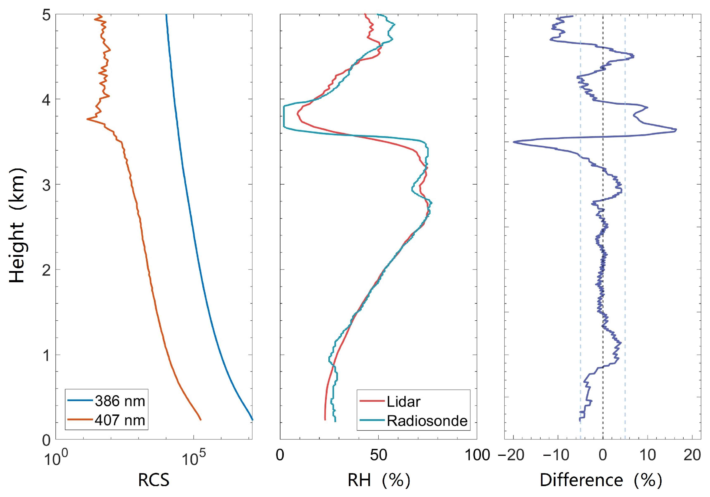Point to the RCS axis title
154,480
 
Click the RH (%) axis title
379,480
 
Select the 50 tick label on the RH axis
378,456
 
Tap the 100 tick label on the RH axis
477,456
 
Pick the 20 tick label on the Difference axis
692,456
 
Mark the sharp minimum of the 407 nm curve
87,119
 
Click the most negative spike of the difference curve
514,142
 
